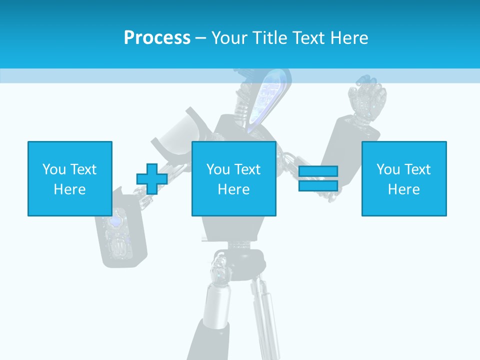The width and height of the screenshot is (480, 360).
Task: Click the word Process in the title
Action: point(157,38)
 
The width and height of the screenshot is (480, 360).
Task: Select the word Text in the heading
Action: point(309,38)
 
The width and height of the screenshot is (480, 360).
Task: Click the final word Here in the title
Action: point(350,38)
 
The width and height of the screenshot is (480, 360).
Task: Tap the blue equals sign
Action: point(318,178)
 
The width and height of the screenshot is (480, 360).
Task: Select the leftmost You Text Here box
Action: point(69,178)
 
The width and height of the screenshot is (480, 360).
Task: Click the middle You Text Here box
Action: point(233,178)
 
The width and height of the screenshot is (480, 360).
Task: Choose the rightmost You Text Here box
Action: point(403,178)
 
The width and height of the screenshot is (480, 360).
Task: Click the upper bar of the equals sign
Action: point(318,171)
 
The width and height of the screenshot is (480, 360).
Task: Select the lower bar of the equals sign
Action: point(318,185)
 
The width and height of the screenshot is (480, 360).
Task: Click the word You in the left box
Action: point(54,169)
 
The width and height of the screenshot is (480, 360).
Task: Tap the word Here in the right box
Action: point(403,189)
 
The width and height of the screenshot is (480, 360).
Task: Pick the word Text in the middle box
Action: point(247,169)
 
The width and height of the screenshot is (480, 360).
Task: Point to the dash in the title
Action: point(200,38)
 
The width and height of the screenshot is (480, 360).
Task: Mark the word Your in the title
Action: point(228,38)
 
